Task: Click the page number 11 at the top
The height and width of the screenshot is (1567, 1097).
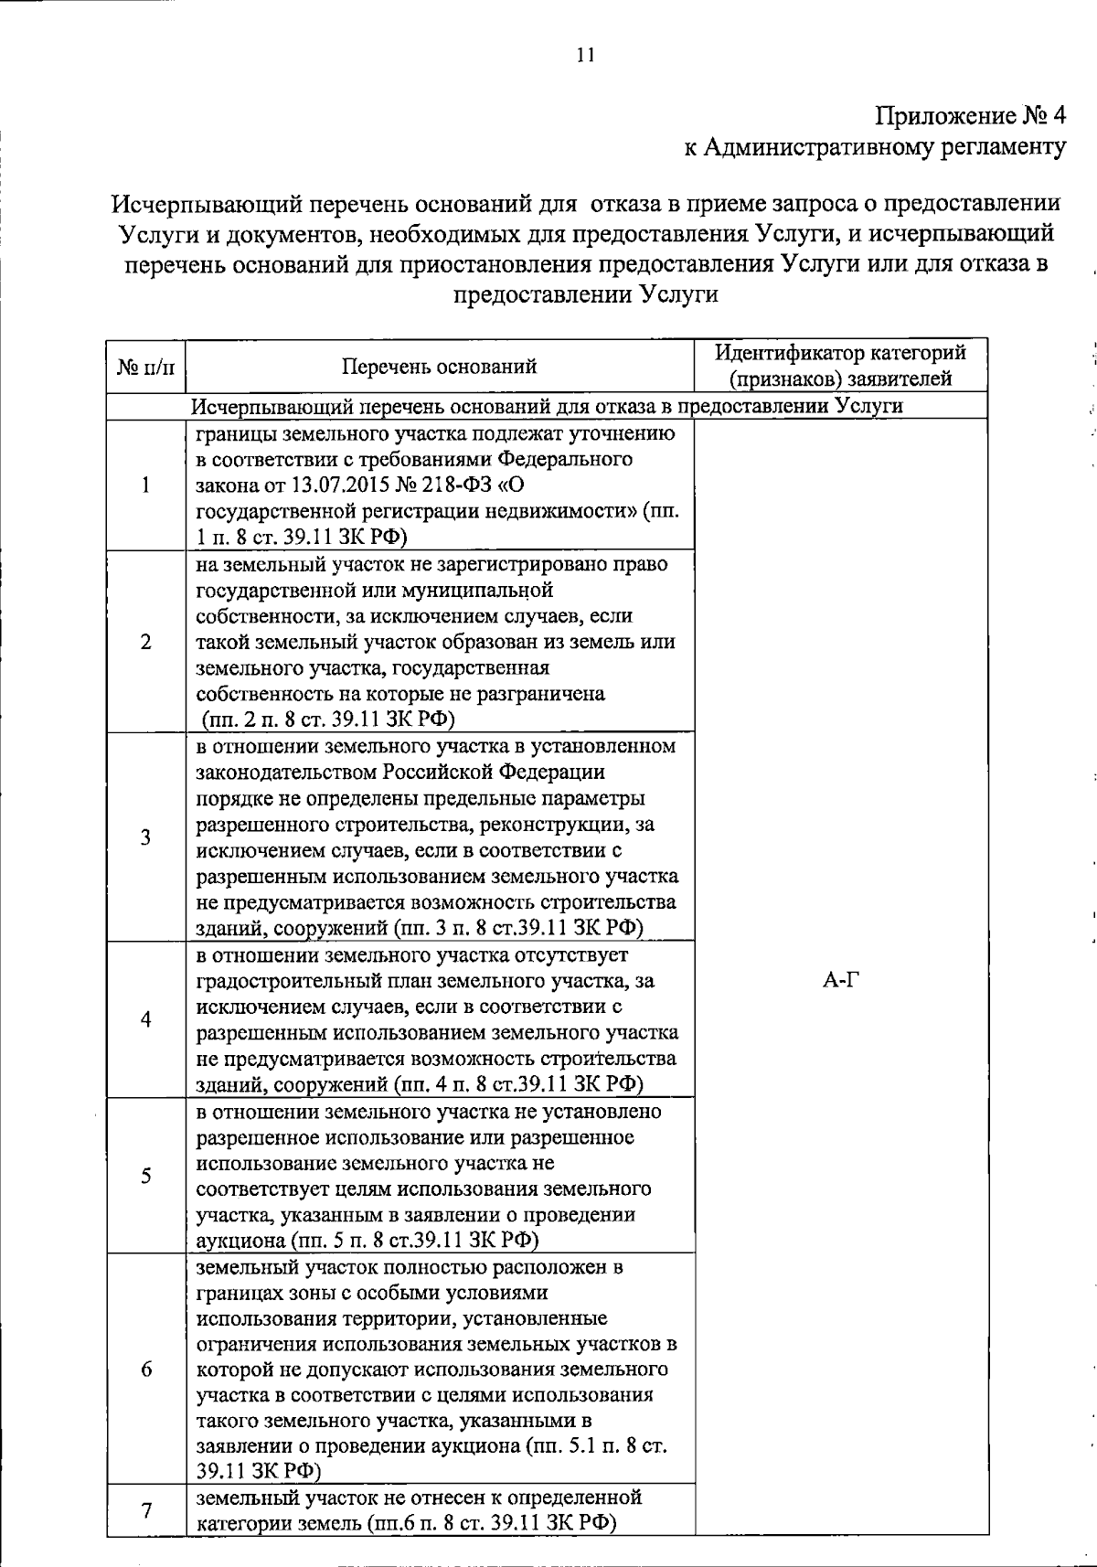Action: [585, 55]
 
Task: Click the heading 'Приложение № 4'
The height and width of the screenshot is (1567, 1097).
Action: [971, 116]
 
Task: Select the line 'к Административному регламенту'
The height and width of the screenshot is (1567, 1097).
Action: [875, 146]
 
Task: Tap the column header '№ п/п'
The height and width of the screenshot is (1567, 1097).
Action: [145, 367]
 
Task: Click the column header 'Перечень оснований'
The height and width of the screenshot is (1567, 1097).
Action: [439, 367]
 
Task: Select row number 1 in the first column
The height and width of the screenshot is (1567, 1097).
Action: [145, 485]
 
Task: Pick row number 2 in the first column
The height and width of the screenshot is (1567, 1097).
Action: [145, 642]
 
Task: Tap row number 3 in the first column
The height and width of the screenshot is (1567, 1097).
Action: [145, 837]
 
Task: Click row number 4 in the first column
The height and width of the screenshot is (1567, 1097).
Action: [145, 1019]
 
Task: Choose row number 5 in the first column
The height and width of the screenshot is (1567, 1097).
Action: [145, 1176]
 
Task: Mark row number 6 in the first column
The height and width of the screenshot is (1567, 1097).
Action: [145, 1369]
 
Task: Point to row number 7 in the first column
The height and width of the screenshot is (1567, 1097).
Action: [145, 1509]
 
